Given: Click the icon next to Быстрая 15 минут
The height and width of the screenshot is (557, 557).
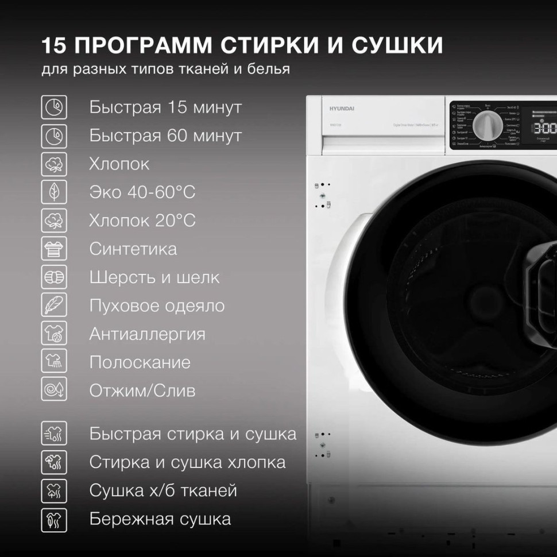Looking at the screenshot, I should [x=55, y=107].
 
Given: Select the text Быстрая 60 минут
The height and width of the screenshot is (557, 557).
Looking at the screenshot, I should [x=165, y=136].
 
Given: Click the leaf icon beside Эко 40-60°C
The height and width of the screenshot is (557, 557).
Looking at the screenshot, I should [x=55, y=192].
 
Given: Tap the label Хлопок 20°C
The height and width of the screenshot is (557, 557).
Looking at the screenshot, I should [x=142, y=221].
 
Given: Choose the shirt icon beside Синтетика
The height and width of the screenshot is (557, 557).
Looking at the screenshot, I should [x=55, y=249].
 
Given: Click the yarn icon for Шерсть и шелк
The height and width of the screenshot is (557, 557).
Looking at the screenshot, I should [x=55, y=277].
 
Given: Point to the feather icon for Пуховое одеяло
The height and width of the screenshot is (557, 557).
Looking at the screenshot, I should [x=55, y=305].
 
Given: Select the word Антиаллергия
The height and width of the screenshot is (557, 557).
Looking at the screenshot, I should [x=147, y=334].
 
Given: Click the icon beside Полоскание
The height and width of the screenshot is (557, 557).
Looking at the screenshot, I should [x=55, y=362].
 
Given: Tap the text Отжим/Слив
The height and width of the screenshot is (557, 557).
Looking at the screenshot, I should [x=142, y=391].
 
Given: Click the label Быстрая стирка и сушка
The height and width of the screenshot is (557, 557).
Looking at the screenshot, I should [x=193, y=434].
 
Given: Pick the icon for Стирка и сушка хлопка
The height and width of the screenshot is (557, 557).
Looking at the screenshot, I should [x=55, y=462].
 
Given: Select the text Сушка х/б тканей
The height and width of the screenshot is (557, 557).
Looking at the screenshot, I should [x=163, y=491].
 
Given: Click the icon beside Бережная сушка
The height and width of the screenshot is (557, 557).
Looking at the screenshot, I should [x=55, y=519].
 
